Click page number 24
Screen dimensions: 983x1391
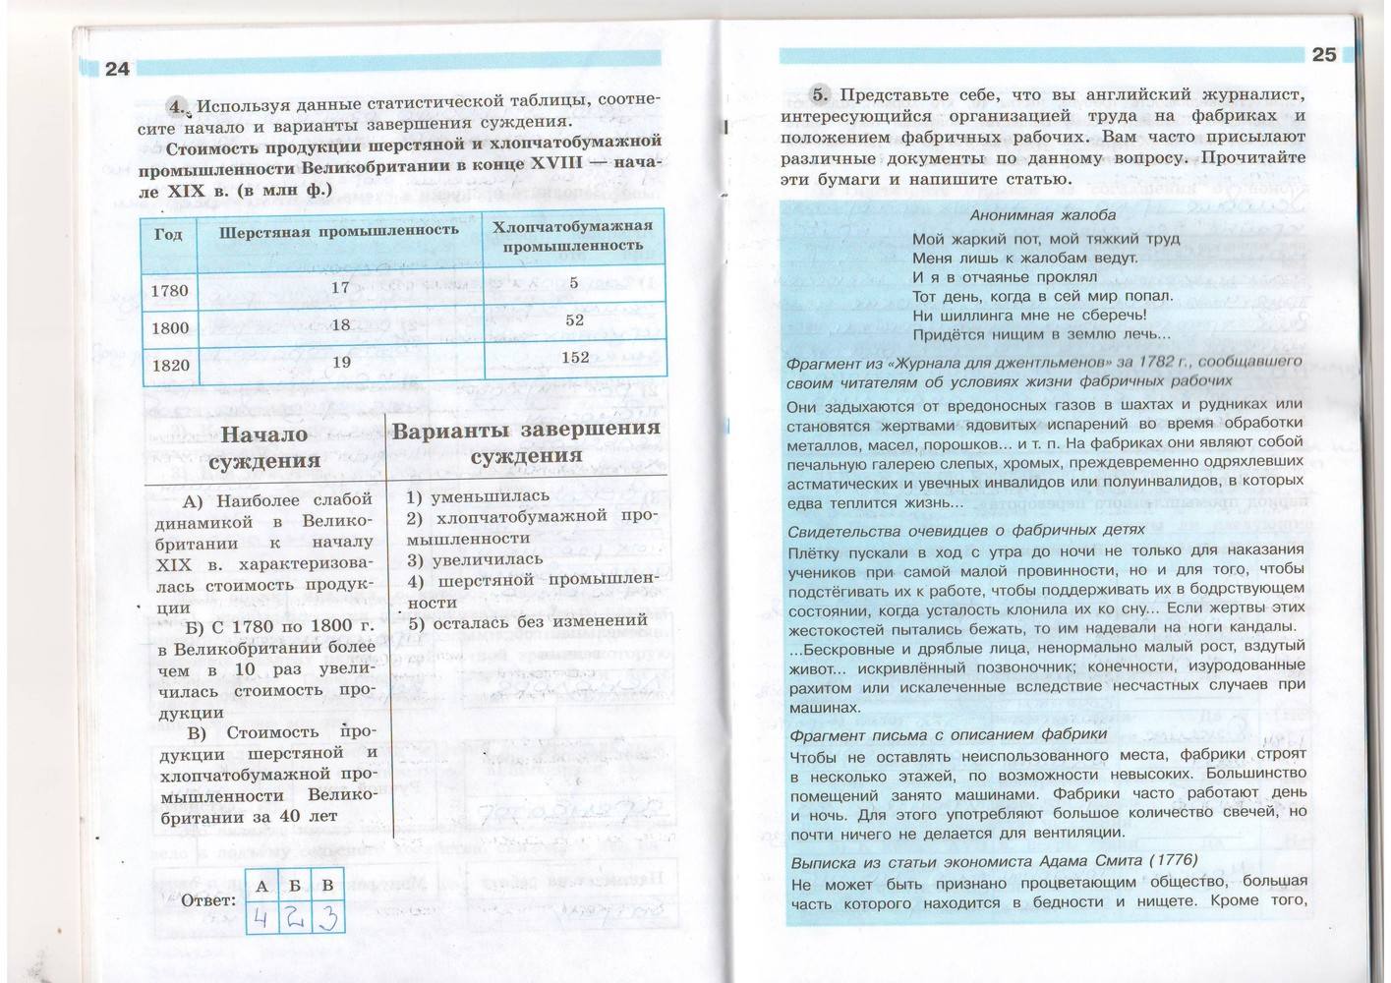[117, 68]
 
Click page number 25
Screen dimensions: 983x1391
[1324, 55]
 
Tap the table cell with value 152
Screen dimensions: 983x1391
[575, 357]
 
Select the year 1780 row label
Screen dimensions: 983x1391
[169, 291]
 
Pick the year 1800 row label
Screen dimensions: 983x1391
[170, 328]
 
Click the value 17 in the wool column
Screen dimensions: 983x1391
[340, 288]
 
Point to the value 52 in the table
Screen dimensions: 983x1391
[575, 320]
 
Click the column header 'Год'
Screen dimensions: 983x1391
[168, 235]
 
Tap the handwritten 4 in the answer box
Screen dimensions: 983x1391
[261, 920]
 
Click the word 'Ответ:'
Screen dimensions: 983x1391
[208, 900]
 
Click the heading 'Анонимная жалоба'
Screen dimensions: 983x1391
[1043, 214]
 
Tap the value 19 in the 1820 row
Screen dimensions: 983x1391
[341, 362]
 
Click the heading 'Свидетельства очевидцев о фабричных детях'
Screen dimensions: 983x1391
[966, 530]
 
